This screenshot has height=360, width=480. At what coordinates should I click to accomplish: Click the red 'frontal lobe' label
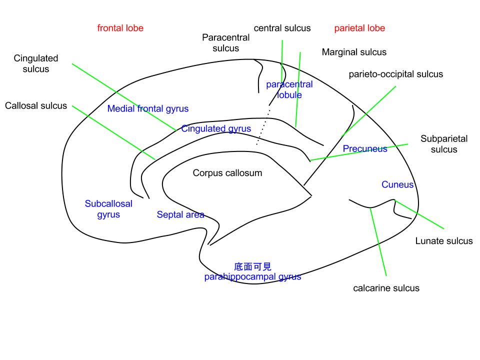click(120, 28)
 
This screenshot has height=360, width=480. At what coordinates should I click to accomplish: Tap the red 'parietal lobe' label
click(359, 28)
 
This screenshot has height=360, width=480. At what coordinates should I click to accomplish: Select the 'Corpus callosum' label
click(227, 173)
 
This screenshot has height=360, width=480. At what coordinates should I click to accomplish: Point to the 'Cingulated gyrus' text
click(216, 128)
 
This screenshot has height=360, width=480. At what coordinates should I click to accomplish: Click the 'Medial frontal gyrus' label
click(148, 108)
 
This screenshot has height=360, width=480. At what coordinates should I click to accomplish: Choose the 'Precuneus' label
click(365, 148)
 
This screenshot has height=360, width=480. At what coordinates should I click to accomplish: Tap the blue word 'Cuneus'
click(397, 184)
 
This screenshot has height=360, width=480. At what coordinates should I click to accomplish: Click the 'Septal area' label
click(180, 214)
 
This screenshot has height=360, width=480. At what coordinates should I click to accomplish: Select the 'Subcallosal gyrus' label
click(108, 209)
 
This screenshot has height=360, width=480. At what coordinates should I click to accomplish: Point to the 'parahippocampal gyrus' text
click(252, 276)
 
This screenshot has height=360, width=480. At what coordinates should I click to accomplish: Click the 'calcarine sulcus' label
click(386, 288)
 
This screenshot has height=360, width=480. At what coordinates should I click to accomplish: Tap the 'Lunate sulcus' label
click(443, 241)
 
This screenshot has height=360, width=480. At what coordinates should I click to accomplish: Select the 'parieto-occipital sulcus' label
click(395, 74)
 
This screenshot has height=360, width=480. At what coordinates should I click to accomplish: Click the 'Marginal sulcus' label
click(354, 52)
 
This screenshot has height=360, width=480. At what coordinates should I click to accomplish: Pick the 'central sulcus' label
click(282, 28)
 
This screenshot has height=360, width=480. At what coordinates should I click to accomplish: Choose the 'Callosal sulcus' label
click(36, 105)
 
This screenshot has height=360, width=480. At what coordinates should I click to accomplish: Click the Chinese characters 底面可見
click(252, 267)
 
